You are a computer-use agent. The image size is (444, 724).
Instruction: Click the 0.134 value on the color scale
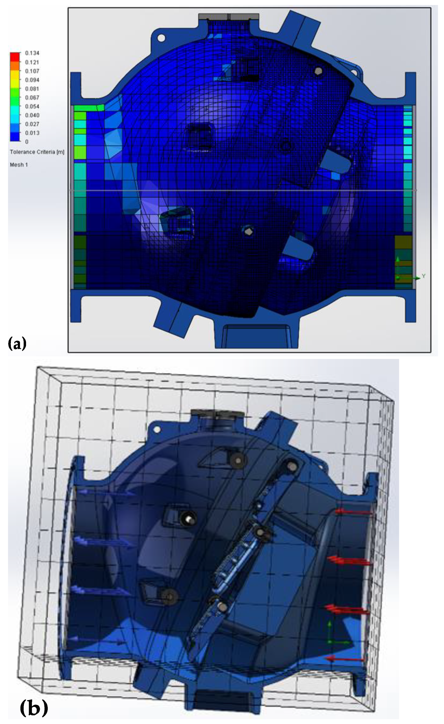pos(32,53)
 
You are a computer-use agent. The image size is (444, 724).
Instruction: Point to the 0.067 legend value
pos(32,98)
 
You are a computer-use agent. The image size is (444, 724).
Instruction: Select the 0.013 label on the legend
pos(32,133)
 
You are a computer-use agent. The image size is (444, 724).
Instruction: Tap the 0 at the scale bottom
pos(27,142)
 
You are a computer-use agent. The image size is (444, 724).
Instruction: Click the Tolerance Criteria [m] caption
pos(37,152)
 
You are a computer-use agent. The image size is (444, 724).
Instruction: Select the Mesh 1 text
pos(19,165)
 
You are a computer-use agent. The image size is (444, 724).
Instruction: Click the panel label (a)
pos(17,343)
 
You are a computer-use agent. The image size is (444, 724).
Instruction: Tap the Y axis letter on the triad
pos(424,276)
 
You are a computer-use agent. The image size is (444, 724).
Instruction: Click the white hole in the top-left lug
pos(161,38)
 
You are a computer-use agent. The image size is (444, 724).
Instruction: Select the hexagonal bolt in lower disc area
pos(249,232)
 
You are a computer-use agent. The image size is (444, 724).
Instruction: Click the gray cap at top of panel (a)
pos(228,16)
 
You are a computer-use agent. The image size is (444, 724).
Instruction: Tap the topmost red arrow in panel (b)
pos(354,512)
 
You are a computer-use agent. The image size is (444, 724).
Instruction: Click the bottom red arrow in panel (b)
pos(345,659)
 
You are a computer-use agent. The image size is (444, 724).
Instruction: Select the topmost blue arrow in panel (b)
pos(103,492)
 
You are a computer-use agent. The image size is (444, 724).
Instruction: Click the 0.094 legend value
pos(32,80)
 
